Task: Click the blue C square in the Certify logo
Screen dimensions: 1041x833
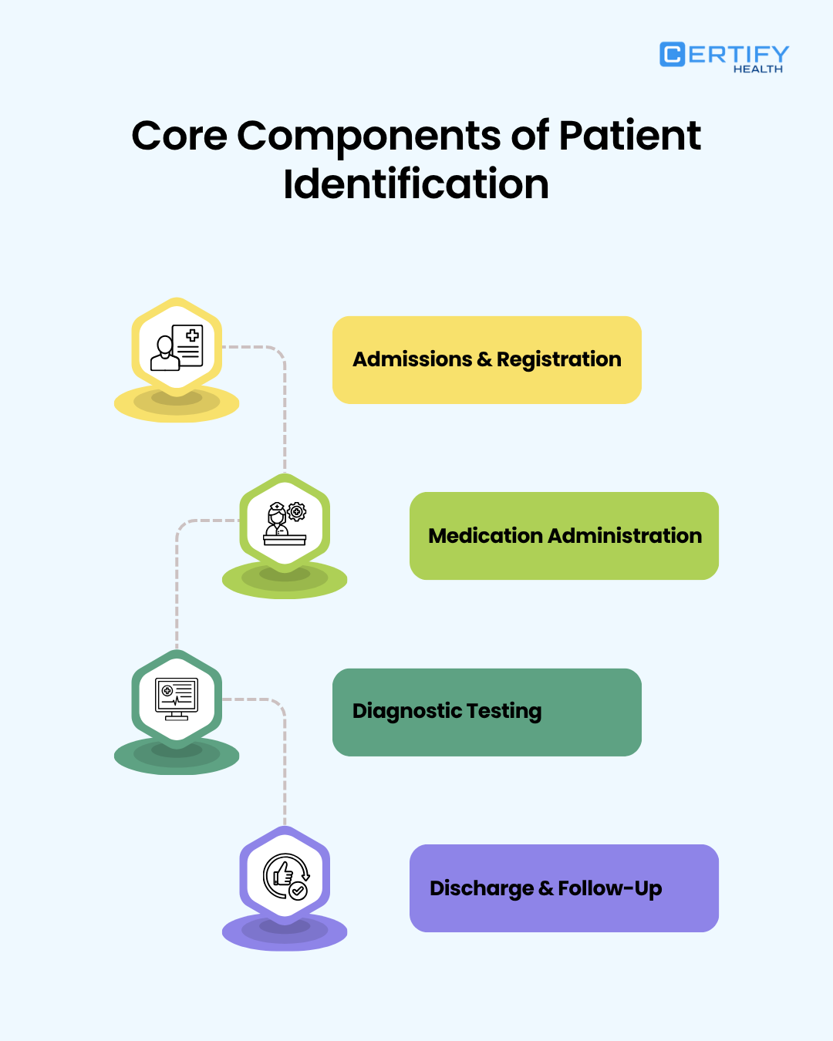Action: click(x=672, y=54)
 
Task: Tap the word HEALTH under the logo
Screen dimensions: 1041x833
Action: click(x=757, y=69)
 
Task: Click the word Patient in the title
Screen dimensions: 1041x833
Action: click(x=629, y=136)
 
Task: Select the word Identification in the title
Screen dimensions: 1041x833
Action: click(x=416, y=184)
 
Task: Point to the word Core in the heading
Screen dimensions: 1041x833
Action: click(x=179, y=136)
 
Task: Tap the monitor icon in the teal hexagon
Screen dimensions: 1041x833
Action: click(x=177, y=699)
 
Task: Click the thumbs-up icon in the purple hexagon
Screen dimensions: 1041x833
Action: click(x=285, y=875)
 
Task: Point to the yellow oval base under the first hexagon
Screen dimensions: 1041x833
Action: click(x=177, y=406)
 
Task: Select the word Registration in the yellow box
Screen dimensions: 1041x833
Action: click(x=558, y=360)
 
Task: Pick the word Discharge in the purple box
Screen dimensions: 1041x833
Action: click(x=481, y=889)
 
